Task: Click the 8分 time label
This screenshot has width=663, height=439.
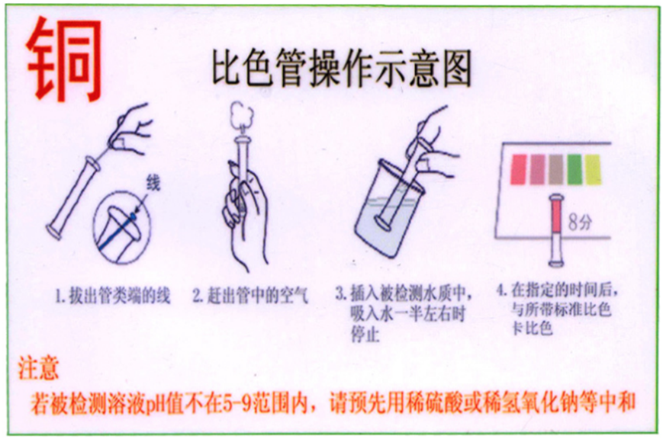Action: (x=581, y=223)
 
